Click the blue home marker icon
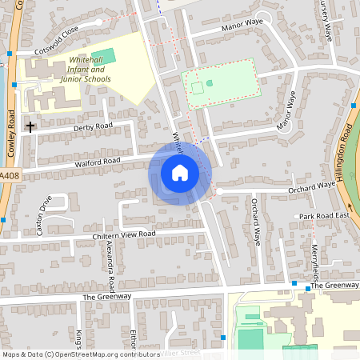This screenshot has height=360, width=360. (x=180, y=173)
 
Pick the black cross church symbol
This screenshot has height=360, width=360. (x=31, y=126)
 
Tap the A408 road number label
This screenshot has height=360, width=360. (x=8, y=175)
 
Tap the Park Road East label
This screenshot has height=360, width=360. (x=325, y=216)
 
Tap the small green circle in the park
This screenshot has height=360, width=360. (x=210, y=82)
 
